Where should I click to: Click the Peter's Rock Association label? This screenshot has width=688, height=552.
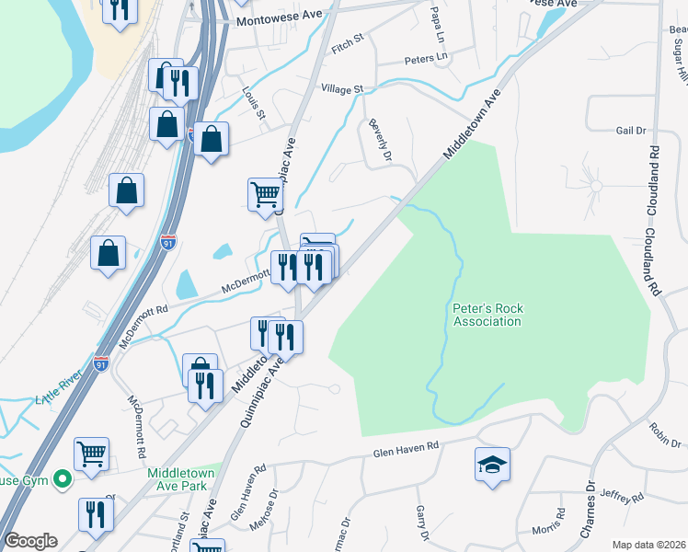(x=487, y=316)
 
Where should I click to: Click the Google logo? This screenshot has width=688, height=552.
(x=30, y=541)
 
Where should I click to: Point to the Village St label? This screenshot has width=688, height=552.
(x=342, y=89)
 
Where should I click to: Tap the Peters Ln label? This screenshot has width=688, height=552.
(x=425, y=60)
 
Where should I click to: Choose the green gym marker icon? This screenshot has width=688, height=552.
(x=63, y=478)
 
